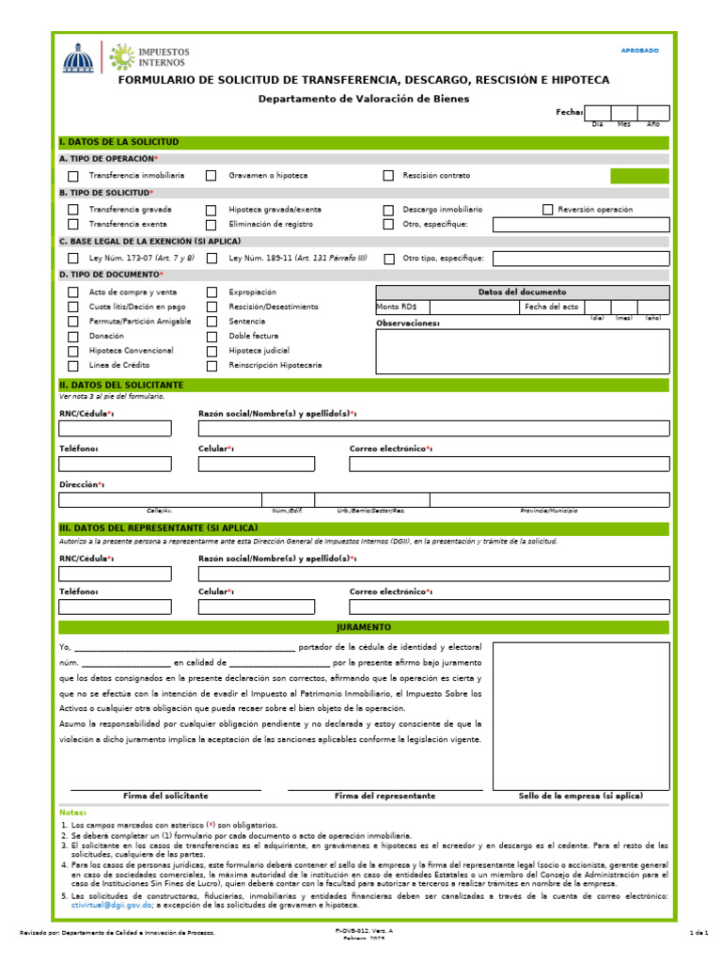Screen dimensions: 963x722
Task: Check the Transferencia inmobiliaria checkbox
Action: click(73, 176)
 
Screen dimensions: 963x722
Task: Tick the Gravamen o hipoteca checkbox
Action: click(212, 176)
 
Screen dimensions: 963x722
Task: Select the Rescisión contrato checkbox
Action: click(388, 176)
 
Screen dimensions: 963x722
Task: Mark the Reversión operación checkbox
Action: click(548, 210)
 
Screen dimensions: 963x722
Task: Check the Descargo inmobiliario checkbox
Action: click(388, 210)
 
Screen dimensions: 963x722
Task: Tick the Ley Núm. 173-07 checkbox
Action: click(73, 259)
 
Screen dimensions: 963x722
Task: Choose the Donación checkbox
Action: click(73, 336)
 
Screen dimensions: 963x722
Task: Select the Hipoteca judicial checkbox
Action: click(212, 350)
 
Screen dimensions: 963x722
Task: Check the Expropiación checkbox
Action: click(212, 292)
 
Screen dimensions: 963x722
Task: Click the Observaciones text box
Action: click(523, 351)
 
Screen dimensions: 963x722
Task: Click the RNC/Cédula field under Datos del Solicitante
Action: click(116, 429)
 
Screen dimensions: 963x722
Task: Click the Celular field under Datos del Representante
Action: click(256, 607)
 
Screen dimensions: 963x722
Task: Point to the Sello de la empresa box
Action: click(581, 716)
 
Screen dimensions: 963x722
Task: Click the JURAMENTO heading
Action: click(364, 627)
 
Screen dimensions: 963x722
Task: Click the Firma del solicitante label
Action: click(165, 797)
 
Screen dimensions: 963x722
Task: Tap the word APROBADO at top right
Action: click(640, 51)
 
